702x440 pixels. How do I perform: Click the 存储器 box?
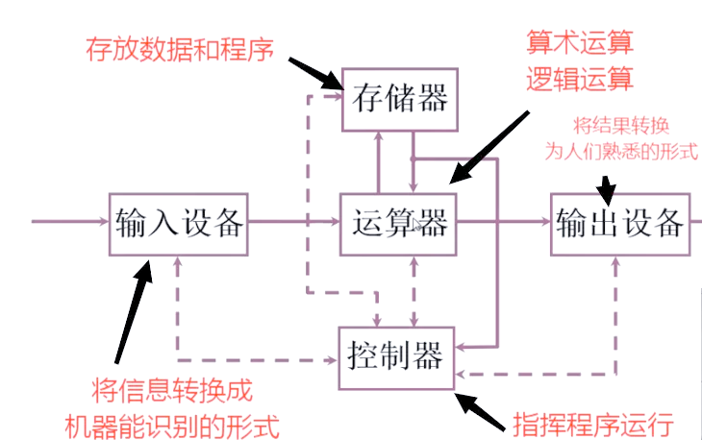tap(400, 99)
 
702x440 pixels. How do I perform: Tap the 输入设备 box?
tap(178, 223)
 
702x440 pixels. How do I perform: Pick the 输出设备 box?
tap(620, 223)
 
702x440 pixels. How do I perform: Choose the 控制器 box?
tap(395, 357)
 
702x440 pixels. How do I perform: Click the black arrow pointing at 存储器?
tap(315, 73)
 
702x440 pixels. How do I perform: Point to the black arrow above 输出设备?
tap(607, 184)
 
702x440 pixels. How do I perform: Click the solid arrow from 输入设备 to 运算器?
tap(293, 222)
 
